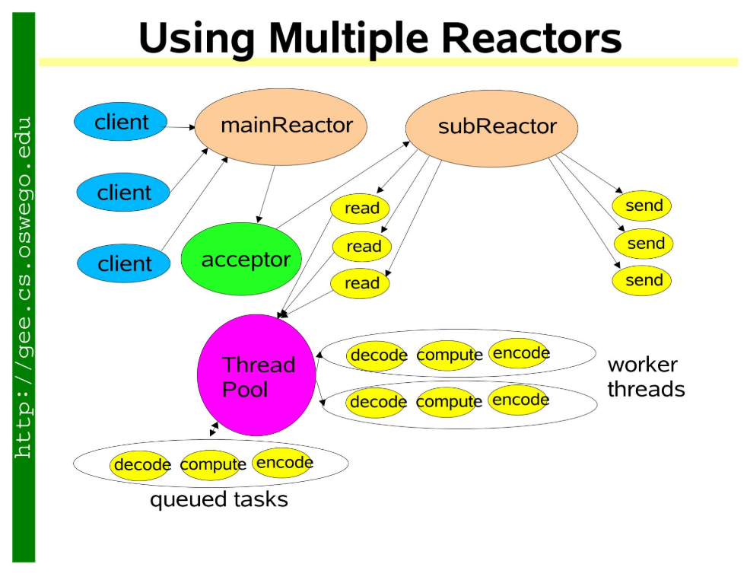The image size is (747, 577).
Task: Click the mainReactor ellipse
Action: click(281, 127)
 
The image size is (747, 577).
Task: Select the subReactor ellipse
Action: click(491, 129)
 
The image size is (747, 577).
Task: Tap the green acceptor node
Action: click(241, 259)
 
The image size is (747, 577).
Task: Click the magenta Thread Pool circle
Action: click(256, 375)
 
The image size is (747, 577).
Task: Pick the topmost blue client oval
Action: click(120, 122)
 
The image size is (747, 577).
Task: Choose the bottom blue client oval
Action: click(123, 263)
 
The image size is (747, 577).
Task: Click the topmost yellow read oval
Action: click(360, 209)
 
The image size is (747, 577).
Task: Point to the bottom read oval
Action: click(360, 283)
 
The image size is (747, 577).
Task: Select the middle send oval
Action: click(644, 243)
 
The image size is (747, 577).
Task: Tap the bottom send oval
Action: click(642, 280)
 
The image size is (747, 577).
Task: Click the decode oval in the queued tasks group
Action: click(139, 465)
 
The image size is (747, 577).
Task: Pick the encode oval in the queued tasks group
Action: click(282, 463)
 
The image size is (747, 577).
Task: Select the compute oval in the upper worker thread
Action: click(447, 355)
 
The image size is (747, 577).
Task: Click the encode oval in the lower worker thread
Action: click(519, 400)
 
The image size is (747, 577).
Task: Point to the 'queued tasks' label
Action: click(218, 500)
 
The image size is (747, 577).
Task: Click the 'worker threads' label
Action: click(646, 378)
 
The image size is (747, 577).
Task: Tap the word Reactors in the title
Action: click(531, 38)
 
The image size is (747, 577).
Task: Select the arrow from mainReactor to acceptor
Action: click(266, 195)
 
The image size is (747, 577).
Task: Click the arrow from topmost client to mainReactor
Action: click(180, 127)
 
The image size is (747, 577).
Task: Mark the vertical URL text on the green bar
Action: click(24, 288)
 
